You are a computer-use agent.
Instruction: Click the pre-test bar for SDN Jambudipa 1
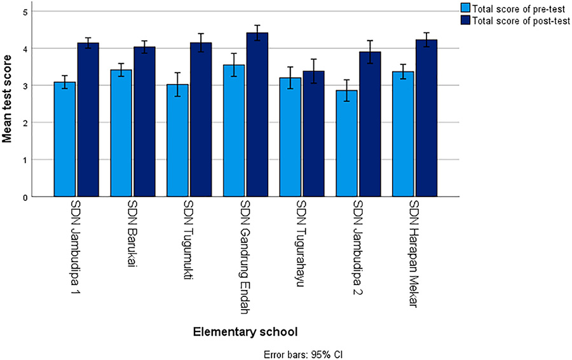(x=65, y=140)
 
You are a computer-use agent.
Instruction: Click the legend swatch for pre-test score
(x=466, y=8)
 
